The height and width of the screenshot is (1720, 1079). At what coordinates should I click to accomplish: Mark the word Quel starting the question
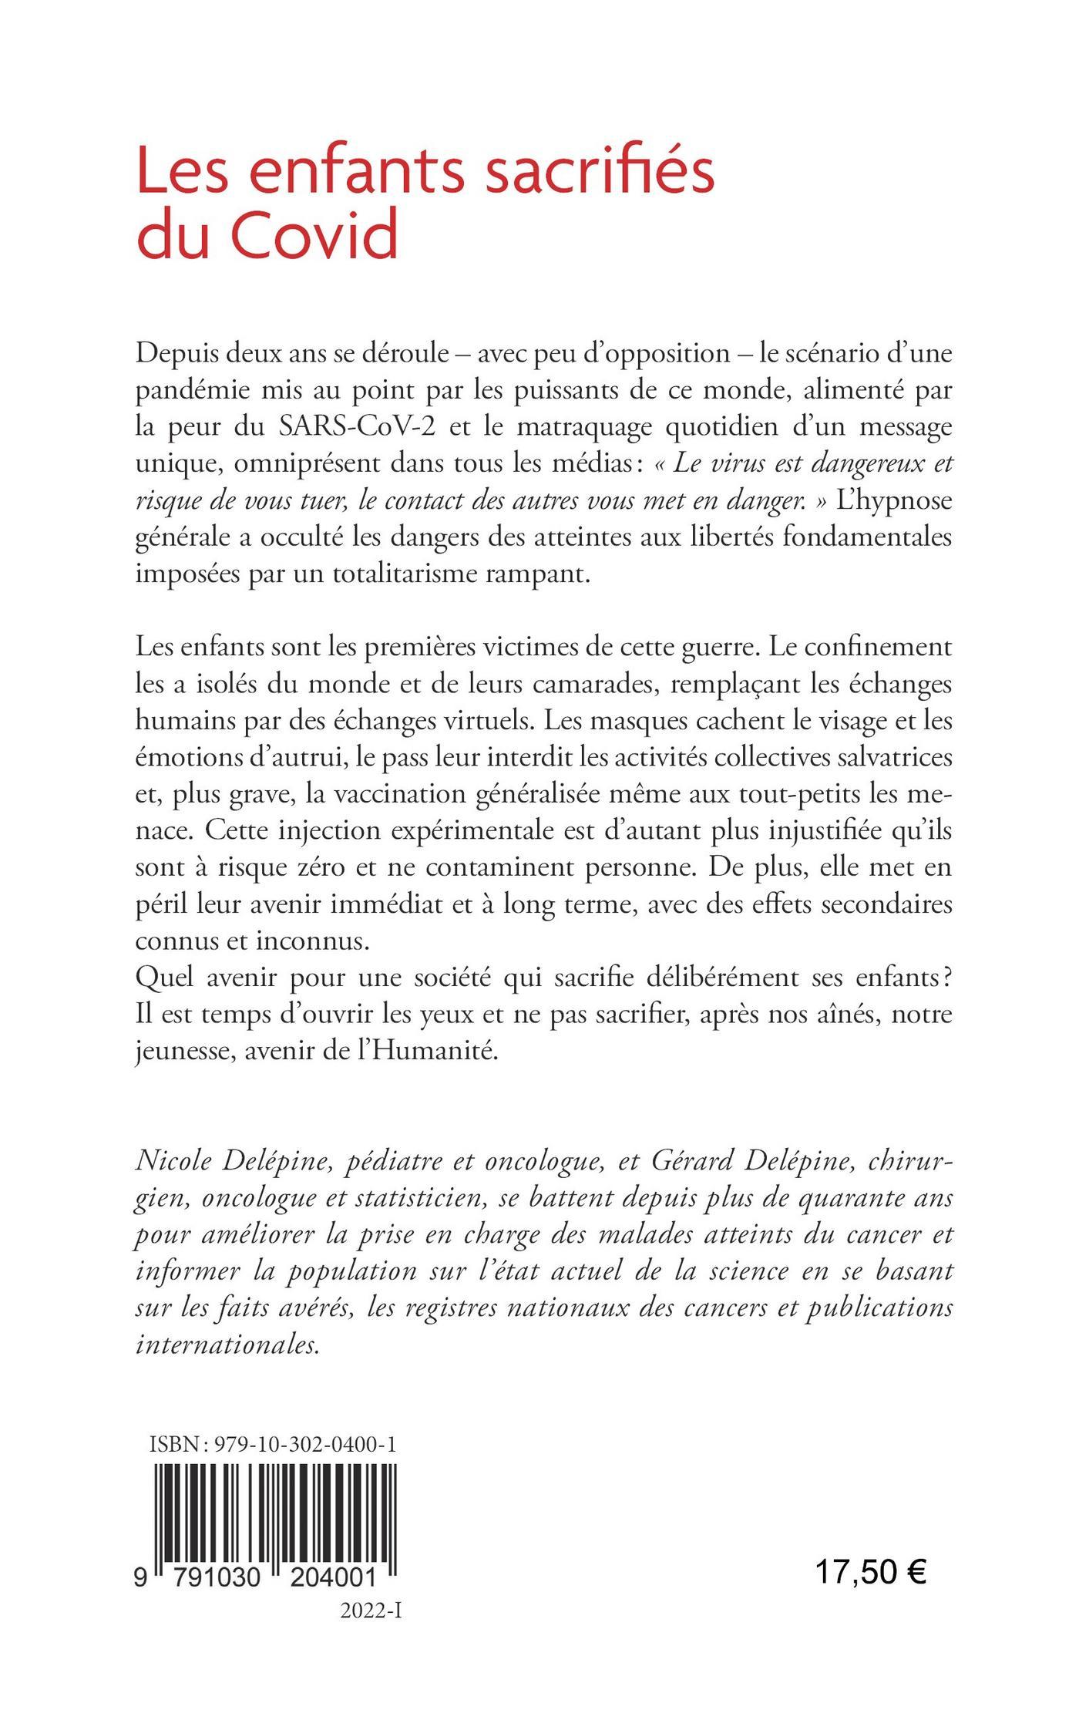coord(164,979)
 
